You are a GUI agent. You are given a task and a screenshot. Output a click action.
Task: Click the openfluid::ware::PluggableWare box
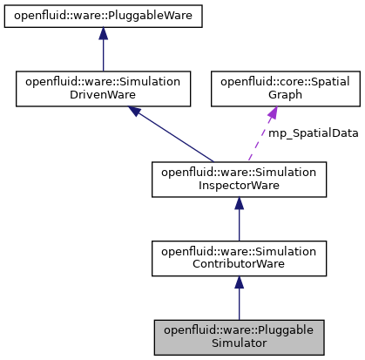(x=103, y=16)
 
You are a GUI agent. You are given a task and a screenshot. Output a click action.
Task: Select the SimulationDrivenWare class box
(x=103, y=87)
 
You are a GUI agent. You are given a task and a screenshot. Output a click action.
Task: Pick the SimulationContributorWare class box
(x=239, y=257)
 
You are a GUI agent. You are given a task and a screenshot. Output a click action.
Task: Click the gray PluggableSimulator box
(x=239, y=337)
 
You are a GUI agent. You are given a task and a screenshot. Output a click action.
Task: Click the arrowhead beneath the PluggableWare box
(x=103, y=34)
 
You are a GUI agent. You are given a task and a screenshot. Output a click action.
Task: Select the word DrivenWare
(x=103, y=94)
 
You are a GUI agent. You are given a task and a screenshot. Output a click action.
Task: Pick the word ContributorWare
(x=239, y=264)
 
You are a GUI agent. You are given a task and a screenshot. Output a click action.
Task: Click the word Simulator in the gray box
(x=239, y=344)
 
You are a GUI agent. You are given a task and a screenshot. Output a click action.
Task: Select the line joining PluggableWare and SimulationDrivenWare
(x=103, y=55)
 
